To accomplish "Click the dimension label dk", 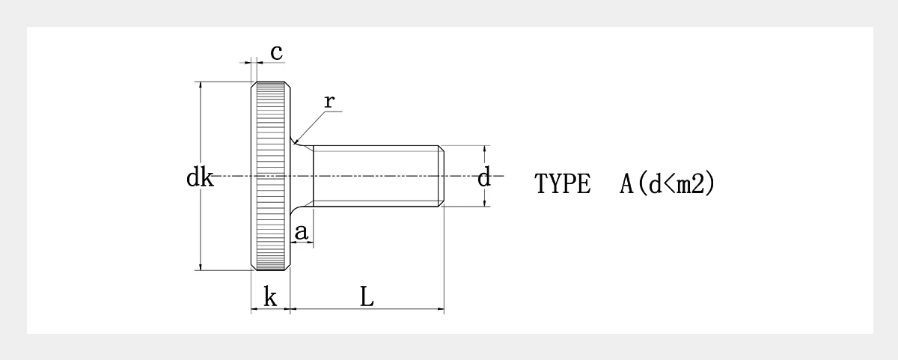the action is click(x=200, y=177).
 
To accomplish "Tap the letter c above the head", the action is click(x=277, y=52).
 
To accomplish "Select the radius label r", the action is click(x=329, y=102).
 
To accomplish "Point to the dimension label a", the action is click(x=302, y=232).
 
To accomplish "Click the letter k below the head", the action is click(x=270, y=297).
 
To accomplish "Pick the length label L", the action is click(x=367, y=296).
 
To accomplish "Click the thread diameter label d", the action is click(x=484, y=177).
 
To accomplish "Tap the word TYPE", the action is click(x=563, y=183).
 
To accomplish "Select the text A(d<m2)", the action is click(x=667, y=183).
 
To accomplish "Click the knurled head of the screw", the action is click(x=271, y=176).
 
